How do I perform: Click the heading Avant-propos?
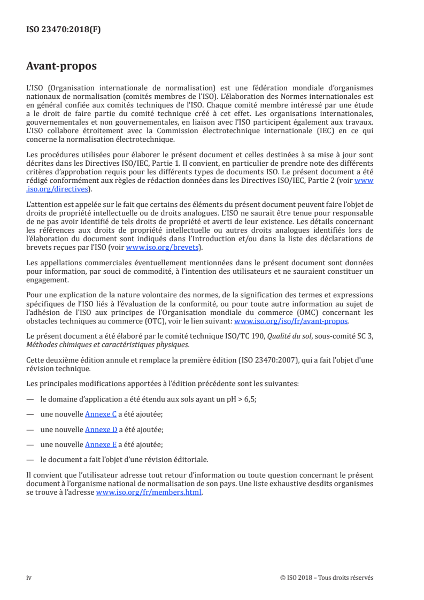pyautogui.click(x=61, y=66)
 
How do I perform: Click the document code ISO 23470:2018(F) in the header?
pyautogui.click(x=64, y=30)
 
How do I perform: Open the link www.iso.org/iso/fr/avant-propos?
pyautogui.click(x=291, y=321)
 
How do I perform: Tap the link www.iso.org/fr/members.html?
pyautogui.click(x=149, y=493)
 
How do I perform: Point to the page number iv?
pyautogui.click(x=29, y=578)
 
